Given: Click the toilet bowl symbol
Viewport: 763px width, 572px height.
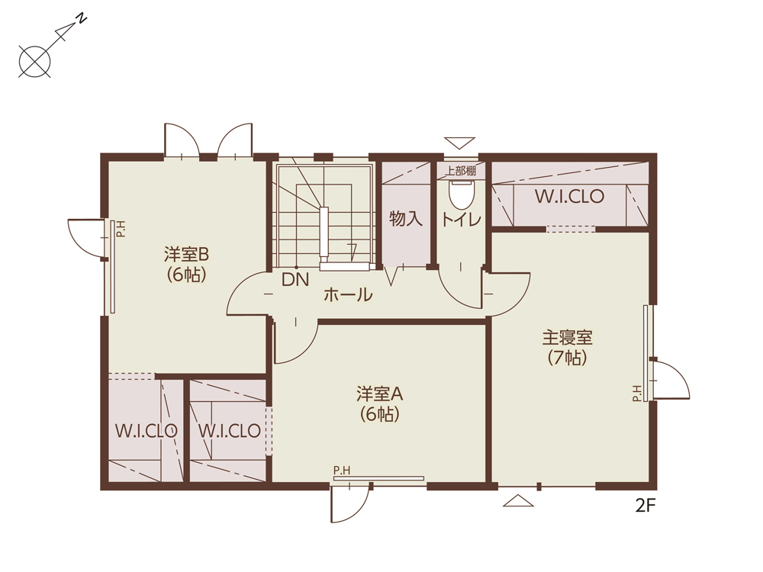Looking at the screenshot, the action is click(462, 194).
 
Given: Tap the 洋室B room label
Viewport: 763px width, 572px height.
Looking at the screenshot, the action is click(186, 254).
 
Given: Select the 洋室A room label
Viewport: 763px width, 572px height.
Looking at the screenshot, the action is click(379, 394).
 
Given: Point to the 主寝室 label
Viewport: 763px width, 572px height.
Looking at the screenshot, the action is click(568, 337).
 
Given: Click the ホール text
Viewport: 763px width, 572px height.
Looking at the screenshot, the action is click(348, 294).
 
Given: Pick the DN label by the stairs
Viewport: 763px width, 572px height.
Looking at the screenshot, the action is click(295, 280).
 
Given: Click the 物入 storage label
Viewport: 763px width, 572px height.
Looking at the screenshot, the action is click(406, 218).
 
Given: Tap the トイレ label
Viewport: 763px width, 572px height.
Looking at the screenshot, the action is click(461, 220).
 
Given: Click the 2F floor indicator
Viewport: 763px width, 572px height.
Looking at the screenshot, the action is click(645, 506).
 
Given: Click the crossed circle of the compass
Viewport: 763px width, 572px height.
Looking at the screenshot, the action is click(34, 61).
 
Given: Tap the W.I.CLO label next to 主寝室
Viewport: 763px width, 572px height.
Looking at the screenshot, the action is click(569, 197).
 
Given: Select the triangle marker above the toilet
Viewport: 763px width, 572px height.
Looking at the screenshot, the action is click(459, 143).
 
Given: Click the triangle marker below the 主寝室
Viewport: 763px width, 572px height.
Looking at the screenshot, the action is click(518, 501).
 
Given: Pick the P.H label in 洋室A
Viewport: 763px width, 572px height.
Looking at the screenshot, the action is click(342, 471).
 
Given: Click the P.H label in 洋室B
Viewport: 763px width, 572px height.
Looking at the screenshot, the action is click(121, 229).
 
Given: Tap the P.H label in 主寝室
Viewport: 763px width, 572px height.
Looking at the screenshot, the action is click(637, 393).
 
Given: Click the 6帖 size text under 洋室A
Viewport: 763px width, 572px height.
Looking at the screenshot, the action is click(379, 414).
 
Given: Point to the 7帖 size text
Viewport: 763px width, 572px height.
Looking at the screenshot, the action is click(568, 358).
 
